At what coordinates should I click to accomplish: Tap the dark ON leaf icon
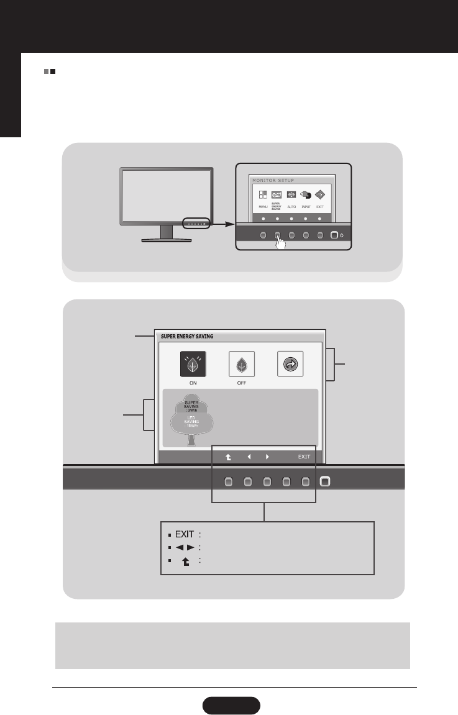click(x=192, y=364)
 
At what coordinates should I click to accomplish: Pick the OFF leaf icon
click(x=241, y=364)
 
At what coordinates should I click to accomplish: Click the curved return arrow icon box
click(x=290, y=364)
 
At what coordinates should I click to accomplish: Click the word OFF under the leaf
click(x=241, y=383)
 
